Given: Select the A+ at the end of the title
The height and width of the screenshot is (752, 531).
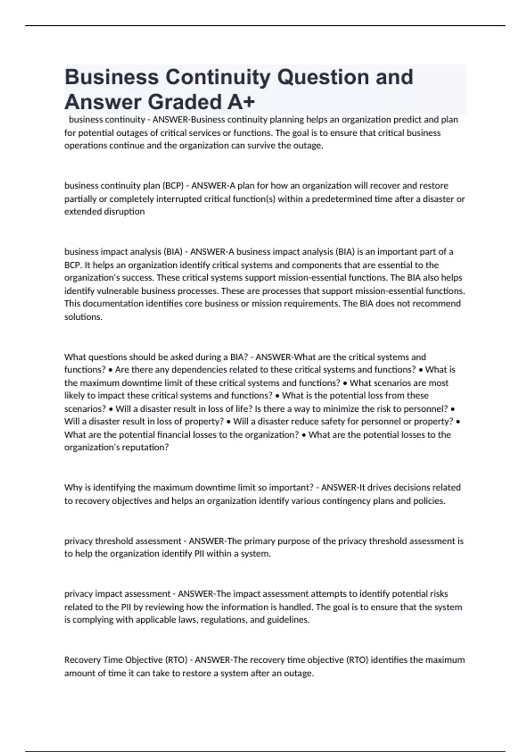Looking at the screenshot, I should tap(242, 102).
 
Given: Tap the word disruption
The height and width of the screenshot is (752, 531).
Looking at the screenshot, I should tap(124, 211).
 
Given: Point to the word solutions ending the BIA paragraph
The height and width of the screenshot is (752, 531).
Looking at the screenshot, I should tap(83, 317).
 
